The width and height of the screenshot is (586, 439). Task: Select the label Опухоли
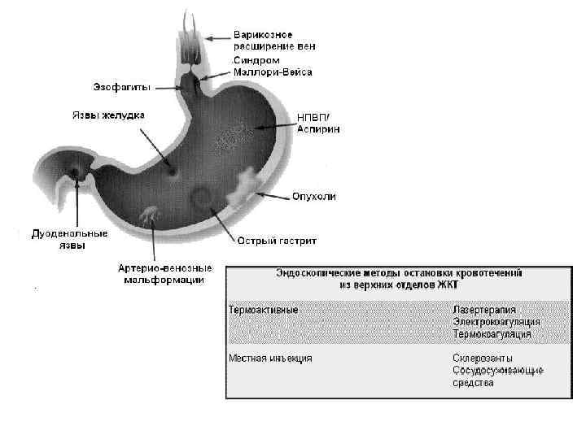click(x=313, y=197)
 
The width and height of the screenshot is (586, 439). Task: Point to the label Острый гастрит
click(x=277, y=241)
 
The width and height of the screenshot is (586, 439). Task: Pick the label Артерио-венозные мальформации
click(x=164, y=274)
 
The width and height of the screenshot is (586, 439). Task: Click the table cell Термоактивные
click(x=263, y=311)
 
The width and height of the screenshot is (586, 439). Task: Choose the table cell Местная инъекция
click(x=270, y=358)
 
